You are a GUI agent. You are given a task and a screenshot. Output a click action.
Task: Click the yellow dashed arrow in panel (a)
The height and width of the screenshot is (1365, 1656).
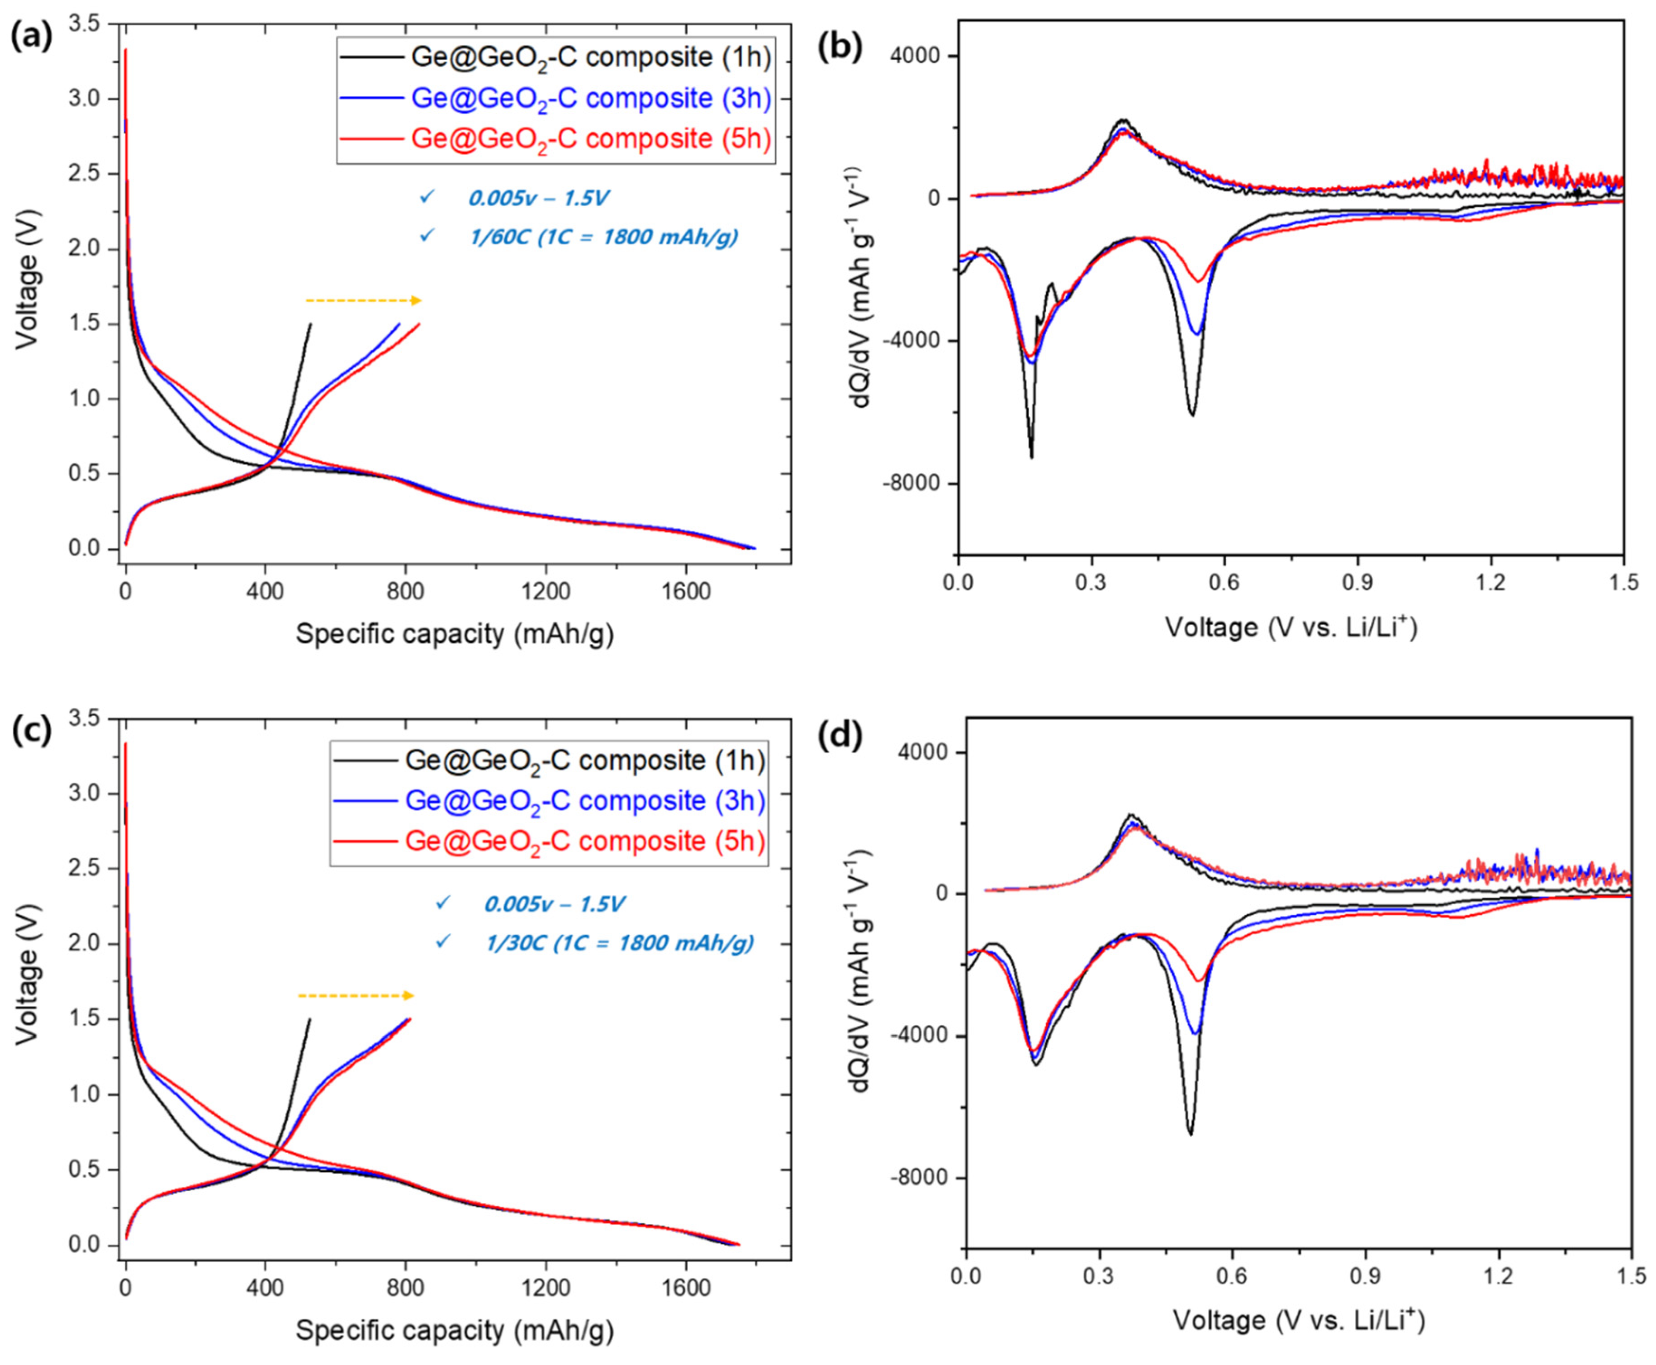tap(364, 300)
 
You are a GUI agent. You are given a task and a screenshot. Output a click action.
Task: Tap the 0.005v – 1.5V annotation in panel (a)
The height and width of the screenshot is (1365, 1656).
tap(538, 197)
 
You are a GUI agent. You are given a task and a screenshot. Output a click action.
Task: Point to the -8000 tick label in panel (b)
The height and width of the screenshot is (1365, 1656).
tap(916, 484)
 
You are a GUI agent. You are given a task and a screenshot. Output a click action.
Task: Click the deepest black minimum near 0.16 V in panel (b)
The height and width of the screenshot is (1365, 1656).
tap(1031, 457)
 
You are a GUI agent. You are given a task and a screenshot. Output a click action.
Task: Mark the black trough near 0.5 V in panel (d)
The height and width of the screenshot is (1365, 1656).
tap(1191, 1134)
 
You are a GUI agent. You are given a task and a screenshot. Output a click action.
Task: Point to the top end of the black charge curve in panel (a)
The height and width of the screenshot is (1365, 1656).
tap(310, 324)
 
